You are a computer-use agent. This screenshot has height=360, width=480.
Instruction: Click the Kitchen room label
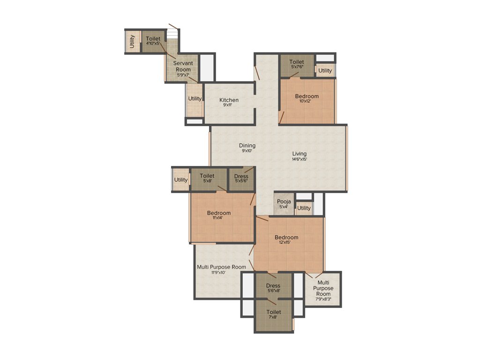coord(229,100)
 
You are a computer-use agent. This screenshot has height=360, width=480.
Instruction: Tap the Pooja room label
coord(284,202)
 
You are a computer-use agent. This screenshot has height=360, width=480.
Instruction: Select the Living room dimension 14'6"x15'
coord(299,159)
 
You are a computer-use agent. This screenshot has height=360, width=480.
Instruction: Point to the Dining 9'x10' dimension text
coord(247,151)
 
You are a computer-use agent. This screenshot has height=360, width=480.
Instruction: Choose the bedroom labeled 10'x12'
coord(307,97)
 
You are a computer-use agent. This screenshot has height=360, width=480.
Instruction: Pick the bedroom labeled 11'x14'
coord(218,213)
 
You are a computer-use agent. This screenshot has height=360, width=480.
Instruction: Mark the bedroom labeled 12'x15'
coord(286,237)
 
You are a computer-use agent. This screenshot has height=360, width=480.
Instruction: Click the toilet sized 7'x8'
coord(274,312)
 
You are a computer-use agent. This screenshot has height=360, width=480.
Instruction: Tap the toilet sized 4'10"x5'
coord(153,38)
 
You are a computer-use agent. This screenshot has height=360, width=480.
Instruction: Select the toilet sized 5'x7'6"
coord(296,62)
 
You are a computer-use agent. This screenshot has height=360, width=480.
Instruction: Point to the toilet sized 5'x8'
coord(207,176)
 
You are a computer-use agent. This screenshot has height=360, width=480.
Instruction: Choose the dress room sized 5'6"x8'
coord(273,285)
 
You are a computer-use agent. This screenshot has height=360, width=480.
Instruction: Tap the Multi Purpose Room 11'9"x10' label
coord(221,267)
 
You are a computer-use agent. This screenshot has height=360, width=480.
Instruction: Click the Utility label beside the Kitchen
coord(195,98)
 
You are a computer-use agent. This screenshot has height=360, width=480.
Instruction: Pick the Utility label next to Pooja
coord(304,208)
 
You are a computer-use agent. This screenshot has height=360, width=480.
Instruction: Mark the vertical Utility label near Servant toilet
coord(133,42)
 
